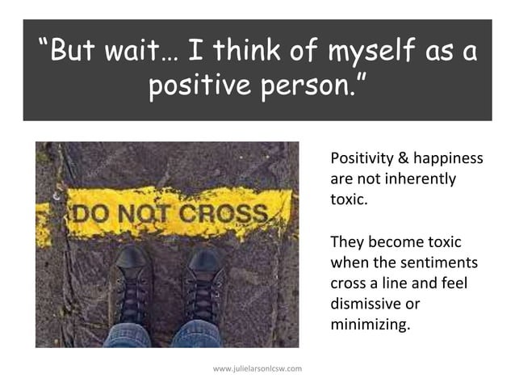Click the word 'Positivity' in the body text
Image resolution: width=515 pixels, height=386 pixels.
[x=362, y=157]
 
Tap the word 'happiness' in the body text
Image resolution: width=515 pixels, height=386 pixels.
[x=449, y=157]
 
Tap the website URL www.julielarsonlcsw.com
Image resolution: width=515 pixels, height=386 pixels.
[x=257, y=369]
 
